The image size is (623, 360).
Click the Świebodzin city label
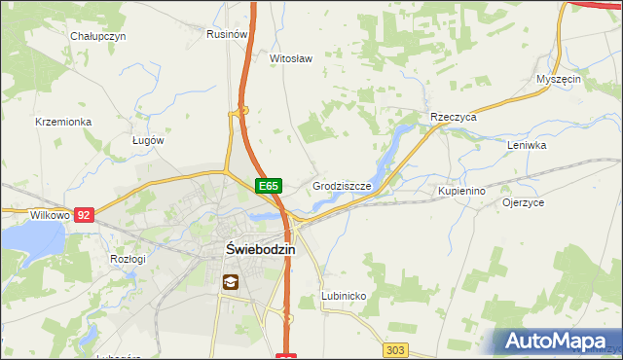pos(247,248)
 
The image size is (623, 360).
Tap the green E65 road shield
pos(269,185)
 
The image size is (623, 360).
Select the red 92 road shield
pos(85,214)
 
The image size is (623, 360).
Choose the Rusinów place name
pos(226,33)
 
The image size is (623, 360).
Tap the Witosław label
pos(290,58)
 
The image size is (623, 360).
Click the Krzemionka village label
pos(62,122)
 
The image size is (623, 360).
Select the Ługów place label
pos(148,140)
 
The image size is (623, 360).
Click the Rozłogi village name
pos(128,259)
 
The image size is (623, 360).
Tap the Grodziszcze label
pos(342,185)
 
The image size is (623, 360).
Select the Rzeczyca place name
pos(454,117)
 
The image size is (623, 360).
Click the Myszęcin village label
pos(559,79)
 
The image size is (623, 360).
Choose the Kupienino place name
pos(461,191)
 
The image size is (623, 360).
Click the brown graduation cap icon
pos(231,283)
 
